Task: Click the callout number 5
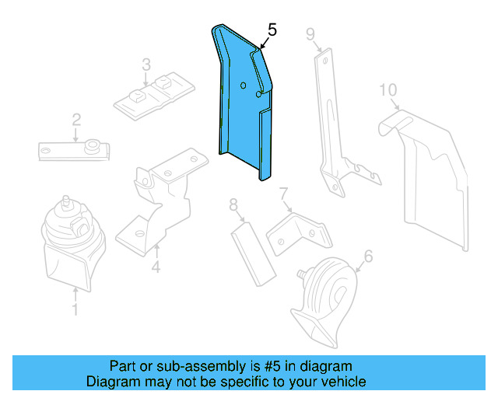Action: click(x=271, y=30)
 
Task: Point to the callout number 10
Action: click(x=387, y=90)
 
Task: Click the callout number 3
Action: click(x=146, y=64)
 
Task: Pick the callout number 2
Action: click(x=76, y=119)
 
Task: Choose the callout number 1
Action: click(x=75, y=311)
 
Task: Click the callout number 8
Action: click(x=233, y=205)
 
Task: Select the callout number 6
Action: click(x=368, y=254)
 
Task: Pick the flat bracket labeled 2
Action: click(x=74, y=148)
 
